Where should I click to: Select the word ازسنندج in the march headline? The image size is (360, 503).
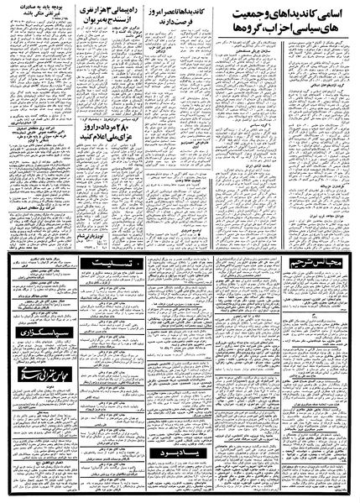(117, 29)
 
